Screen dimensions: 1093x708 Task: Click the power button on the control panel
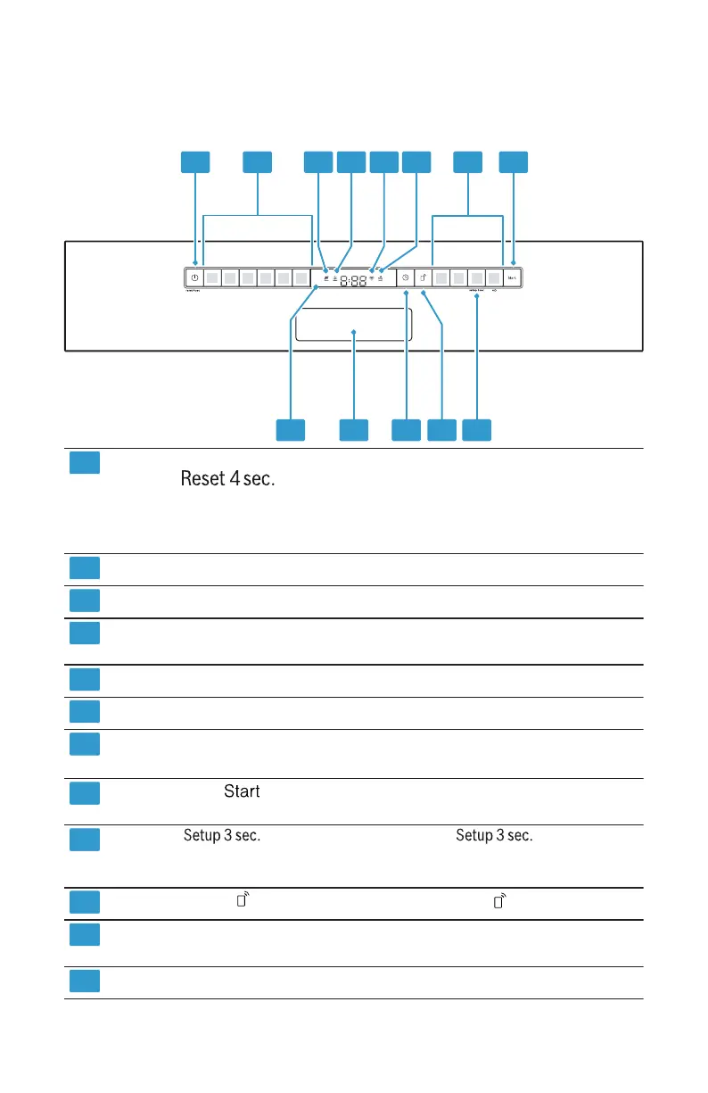194,278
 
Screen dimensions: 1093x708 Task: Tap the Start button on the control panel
513,278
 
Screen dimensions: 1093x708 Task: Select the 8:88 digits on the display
353,279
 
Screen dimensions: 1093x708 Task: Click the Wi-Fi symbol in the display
372,277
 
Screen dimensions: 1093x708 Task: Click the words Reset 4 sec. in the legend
227,479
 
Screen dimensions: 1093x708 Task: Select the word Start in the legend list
242,791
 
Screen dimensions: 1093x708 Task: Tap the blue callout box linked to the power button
195,161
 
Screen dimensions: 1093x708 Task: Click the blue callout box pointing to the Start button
513,161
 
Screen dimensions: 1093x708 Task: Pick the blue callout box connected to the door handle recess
354,429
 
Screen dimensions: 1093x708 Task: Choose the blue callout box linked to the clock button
406,429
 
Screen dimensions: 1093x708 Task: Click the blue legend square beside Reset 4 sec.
84,462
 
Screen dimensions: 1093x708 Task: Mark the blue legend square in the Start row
84,793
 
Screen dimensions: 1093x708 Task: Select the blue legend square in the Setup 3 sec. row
84,838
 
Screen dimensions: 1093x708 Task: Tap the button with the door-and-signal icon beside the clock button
424,278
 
